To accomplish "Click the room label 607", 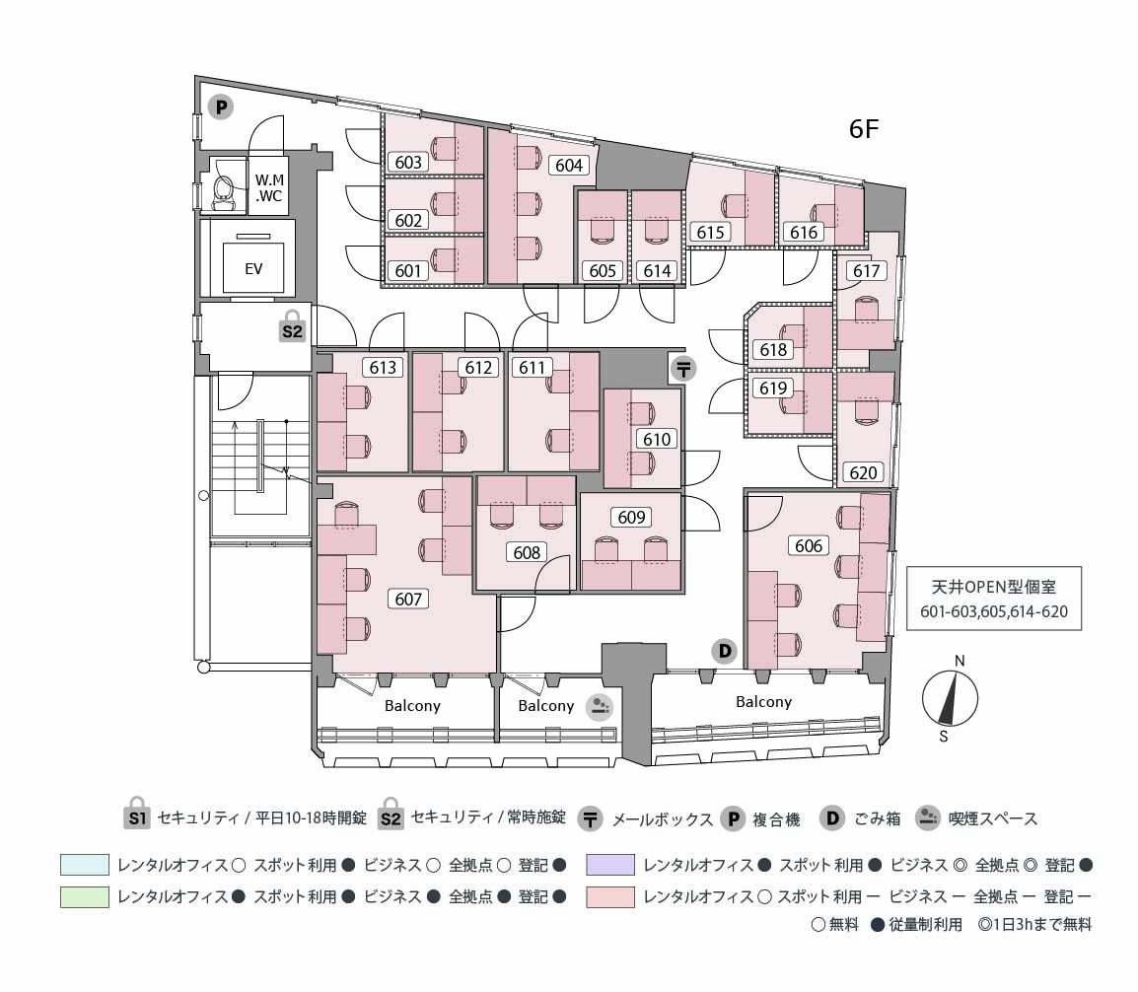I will click(408, 599).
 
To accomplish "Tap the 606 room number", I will click(809, 545).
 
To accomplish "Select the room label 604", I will click(569, 166).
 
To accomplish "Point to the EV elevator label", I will click(253, 267).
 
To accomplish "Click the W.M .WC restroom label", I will click(269, 188).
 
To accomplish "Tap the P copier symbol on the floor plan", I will click(221, 106).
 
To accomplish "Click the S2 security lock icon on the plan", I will click(292, 327).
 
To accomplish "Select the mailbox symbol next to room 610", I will click(683, 369).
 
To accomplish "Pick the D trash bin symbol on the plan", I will click(725, 651).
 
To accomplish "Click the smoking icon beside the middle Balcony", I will click(600, 706).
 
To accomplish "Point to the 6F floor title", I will click(864, 129).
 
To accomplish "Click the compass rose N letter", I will click(959, 661).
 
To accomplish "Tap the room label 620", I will click(863, 472).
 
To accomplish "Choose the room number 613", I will click(383, 368).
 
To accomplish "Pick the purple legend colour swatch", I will click(609, 865).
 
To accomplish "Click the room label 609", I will click(631, 518).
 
